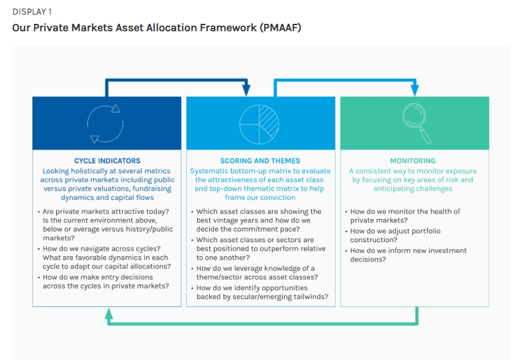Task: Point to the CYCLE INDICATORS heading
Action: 107,161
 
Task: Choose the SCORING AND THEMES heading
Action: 260,161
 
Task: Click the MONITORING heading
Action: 412,161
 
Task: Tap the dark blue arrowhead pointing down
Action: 246,90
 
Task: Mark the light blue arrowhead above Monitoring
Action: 415,90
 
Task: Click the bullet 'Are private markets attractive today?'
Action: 105,212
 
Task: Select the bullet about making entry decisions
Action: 105,281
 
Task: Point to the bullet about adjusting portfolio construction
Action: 395,235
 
